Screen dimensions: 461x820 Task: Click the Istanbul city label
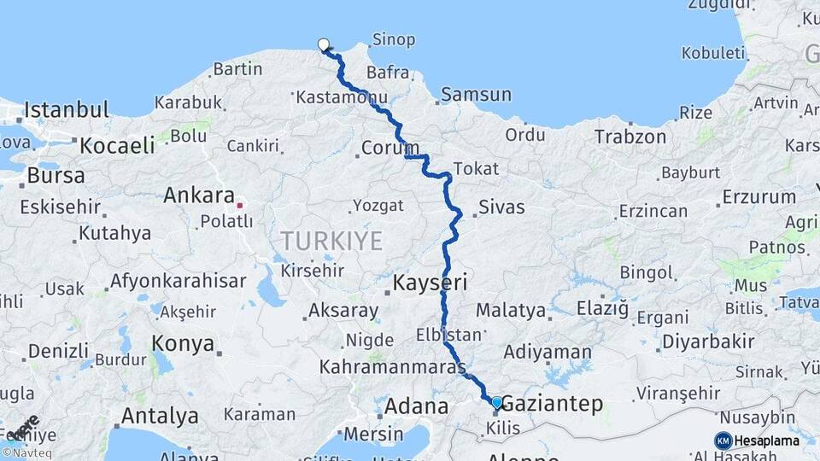pos(67,110)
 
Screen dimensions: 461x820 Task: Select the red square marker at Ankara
pos(240,205)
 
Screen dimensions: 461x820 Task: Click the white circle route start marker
pos(324,44)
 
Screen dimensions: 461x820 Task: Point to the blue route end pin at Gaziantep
pos(496,402)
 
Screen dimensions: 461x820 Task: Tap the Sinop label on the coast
pos(394,39)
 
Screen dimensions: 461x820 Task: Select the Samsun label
pos(477,95)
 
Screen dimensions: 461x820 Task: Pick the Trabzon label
pos(630,137)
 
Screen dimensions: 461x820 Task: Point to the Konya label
pos(183,343)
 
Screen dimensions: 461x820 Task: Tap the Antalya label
pos(160,417)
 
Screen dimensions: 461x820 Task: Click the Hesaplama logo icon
pos(723,441)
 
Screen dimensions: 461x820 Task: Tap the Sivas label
pos(501,207)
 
